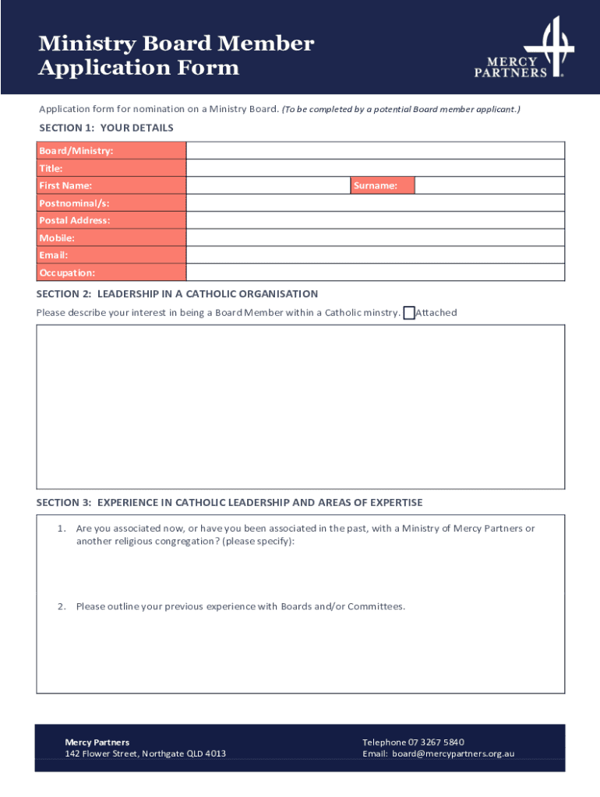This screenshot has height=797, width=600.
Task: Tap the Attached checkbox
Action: [x=409, y=313]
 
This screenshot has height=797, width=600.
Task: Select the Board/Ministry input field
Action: [x=375, y=150]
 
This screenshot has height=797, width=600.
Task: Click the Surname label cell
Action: [x=382, y=185]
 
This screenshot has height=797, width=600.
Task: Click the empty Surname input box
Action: [x=489, y=185]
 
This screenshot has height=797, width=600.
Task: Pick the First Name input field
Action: [x=268, y=185]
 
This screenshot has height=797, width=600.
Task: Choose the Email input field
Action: [x=375, y=255]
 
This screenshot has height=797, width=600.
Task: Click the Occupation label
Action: [x=67, y=273]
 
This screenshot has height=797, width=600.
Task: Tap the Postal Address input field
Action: [x=375, y=220]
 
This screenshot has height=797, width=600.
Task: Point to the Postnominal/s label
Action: [x=74, y=203]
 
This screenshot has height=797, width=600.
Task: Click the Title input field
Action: [x=375, y=168]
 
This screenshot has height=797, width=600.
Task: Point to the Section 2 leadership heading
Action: [x=178, y=294]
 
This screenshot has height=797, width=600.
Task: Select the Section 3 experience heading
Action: [x=229, y=503]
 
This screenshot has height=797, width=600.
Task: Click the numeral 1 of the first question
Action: [x=61, y=528]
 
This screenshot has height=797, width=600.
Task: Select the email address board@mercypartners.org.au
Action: [x=453, y=753]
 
